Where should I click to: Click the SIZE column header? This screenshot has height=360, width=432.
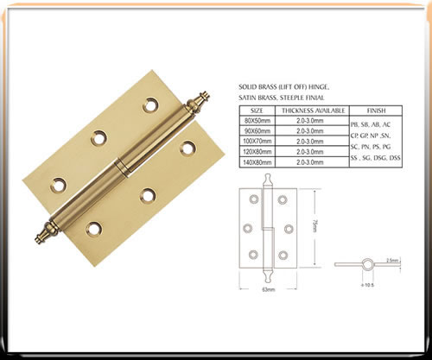click(257, 111)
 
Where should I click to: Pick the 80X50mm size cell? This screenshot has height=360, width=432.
click(257, 122)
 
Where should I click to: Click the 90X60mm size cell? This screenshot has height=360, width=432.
click(257, 132)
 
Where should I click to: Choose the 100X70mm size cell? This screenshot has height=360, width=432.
click(257, 142)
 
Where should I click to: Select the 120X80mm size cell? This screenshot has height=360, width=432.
click(257, 151)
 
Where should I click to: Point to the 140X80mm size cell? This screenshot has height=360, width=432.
click(257, 161)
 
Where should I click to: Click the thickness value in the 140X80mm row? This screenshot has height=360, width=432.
click(314, 161)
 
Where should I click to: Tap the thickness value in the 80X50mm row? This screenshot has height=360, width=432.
click(314, 122)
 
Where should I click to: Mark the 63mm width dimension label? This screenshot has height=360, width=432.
click(269, 291)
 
